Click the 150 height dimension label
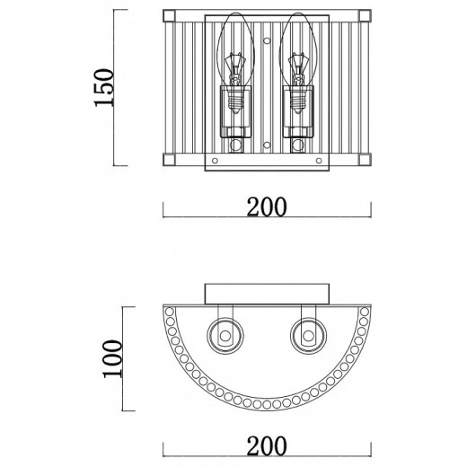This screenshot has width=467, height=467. (104, 87)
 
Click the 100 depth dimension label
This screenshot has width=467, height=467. (112, 358)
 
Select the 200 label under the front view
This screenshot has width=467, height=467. (267, 207)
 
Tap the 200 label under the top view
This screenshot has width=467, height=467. (267, 445)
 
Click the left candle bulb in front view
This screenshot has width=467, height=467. (236, 63)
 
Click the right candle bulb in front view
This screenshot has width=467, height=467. (298, 63)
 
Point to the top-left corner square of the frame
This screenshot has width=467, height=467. (169, 15)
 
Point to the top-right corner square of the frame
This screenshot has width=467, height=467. (365, 15)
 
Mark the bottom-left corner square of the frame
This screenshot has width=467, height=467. (169, 160)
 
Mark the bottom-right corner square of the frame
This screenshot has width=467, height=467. (365, 160)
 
